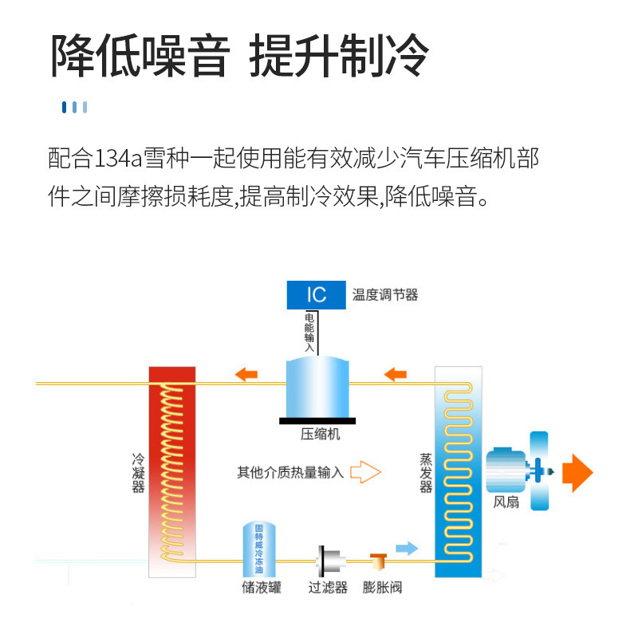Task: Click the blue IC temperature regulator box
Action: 317,294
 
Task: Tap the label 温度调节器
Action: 385,295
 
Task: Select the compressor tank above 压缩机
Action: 317,387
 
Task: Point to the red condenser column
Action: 171,471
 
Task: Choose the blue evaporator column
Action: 458,471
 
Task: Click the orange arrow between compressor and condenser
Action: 246,372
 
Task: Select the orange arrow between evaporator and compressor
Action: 395,372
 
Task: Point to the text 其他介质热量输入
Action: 290,472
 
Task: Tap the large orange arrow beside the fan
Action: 577,472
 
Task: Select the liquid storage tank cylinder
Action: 261,549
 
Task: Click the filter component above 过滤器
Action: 327,563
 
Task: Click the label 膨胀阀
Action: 382,589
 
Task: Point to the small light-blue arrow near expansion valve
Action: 407,547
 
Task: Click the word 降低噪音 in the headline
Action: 140,56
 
